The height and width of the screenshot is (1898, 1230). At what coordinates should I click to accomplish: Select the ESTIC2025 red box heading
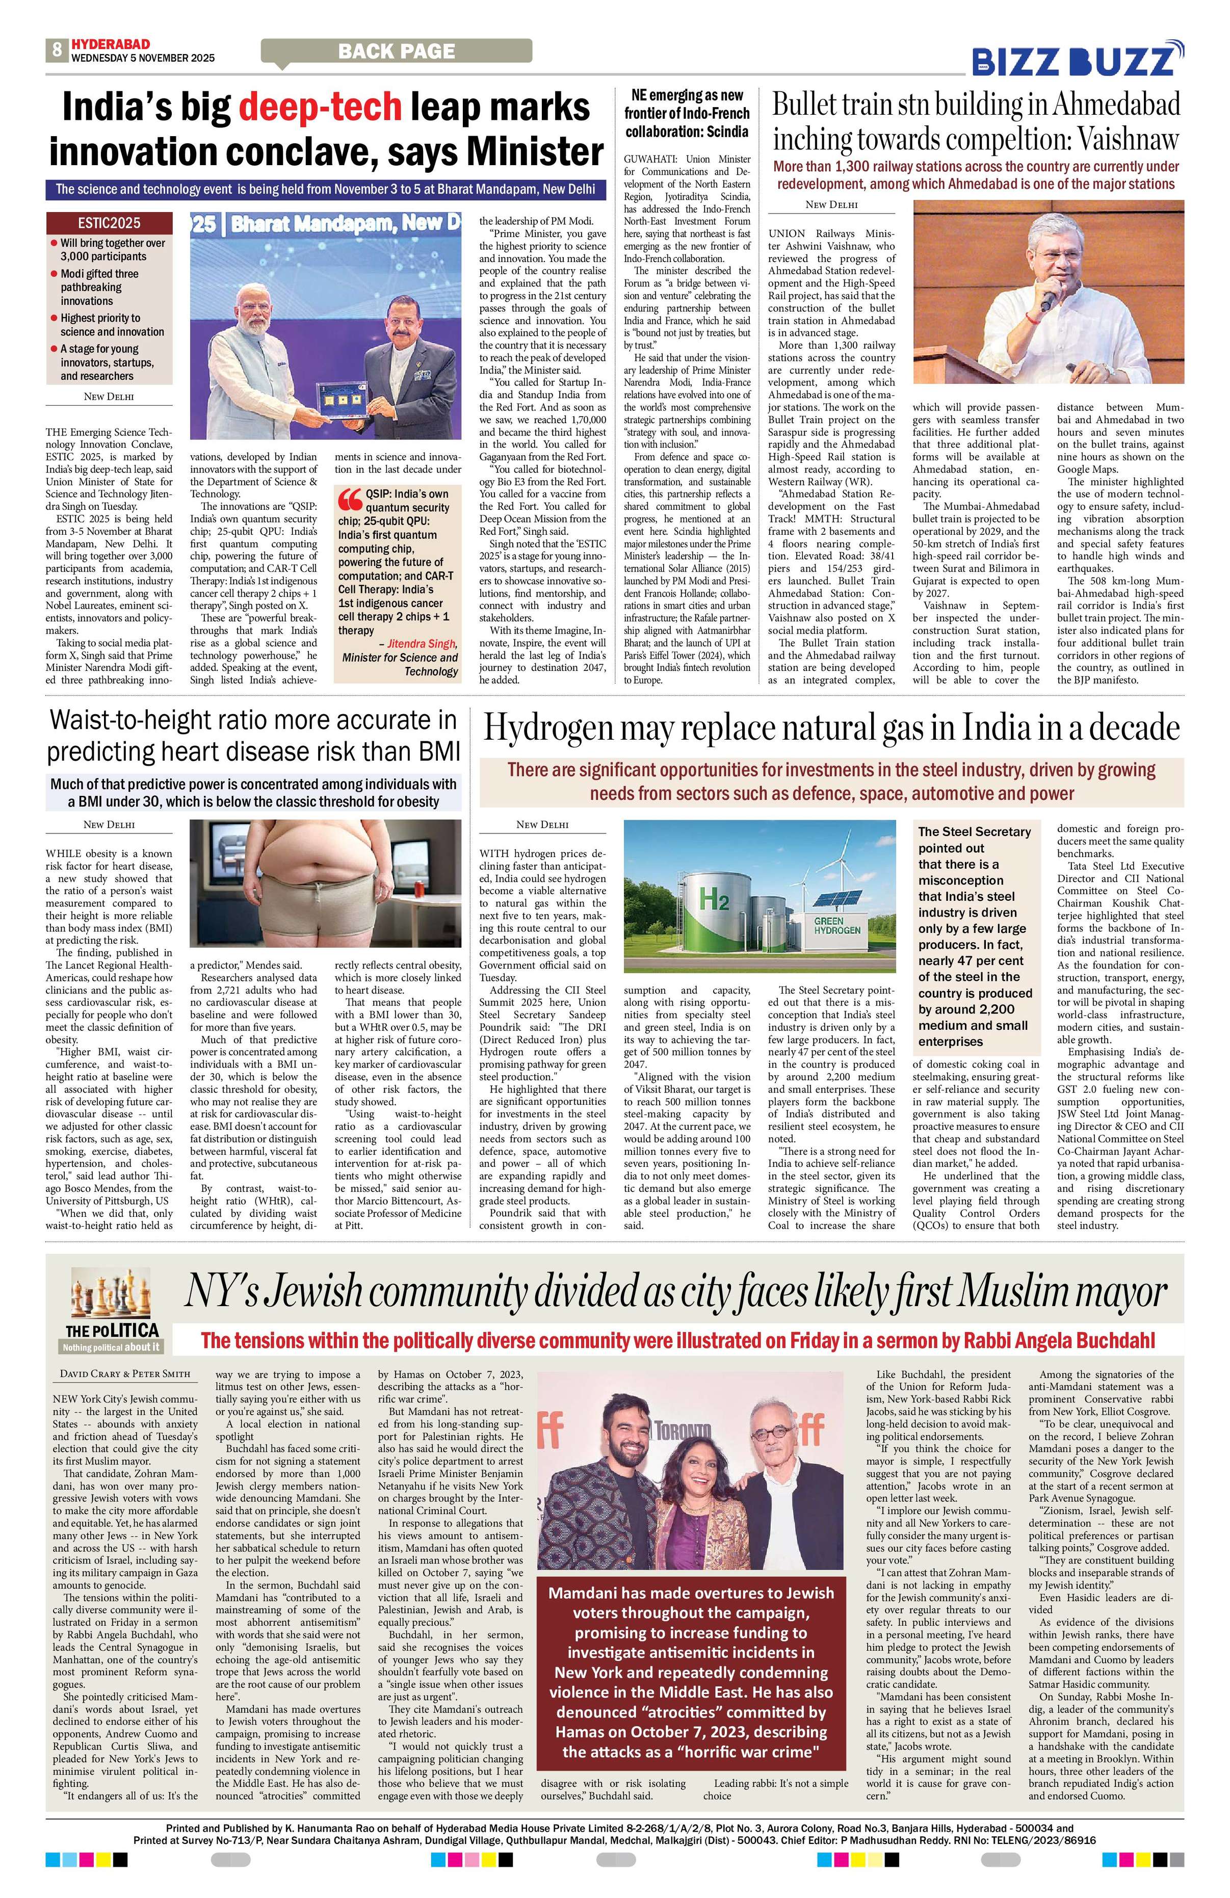point(109,222)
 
